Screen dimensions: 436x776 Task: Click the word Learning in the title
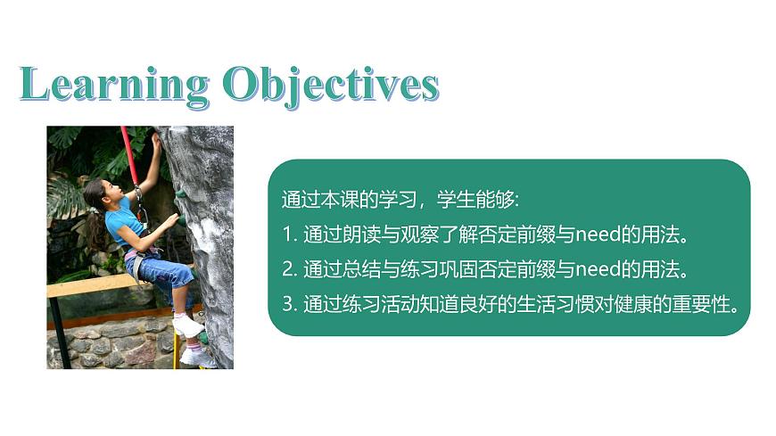click(x=113, y=85)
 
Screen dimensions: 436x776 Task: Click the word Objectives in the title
click(x=331, y=85)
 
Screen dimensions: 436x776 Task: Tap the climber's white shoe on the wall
click(x=188, y=326)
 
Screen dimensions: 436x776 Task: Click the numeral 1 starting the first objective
click(x=287, y=235)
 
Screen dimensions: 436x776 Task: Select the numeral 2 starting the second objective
click(x=287, y=269)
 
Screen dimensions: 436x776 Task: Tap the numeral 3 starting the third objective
click(x=287, y=303)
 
